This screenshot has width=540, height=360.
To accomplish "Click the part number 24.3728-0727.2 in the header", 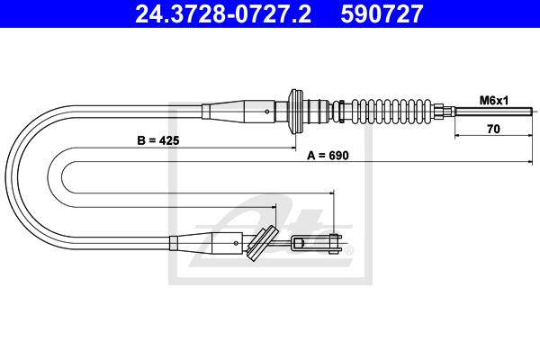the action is point(223,14).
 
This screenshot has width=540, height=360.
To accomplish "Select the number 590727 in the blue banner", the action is point(382,14).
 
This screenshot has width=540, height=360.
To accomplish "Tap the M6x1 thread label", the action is point(494,101).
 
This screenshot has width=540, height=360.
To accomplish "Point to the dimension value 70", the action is point(493,129).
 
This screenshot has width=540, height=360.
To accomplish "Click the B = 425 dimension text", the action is point(158,140).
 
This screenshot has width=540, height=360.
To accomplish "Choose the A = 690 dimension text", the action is point(328,156).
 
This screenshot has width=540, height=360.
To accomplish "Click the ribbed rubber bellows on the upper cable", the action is point(391,111).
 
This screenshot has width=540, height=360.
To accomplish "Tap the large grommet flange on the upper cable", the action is point(295,112).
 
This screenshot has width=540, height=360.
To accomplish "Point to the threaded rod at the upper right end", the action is point(493,111).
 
